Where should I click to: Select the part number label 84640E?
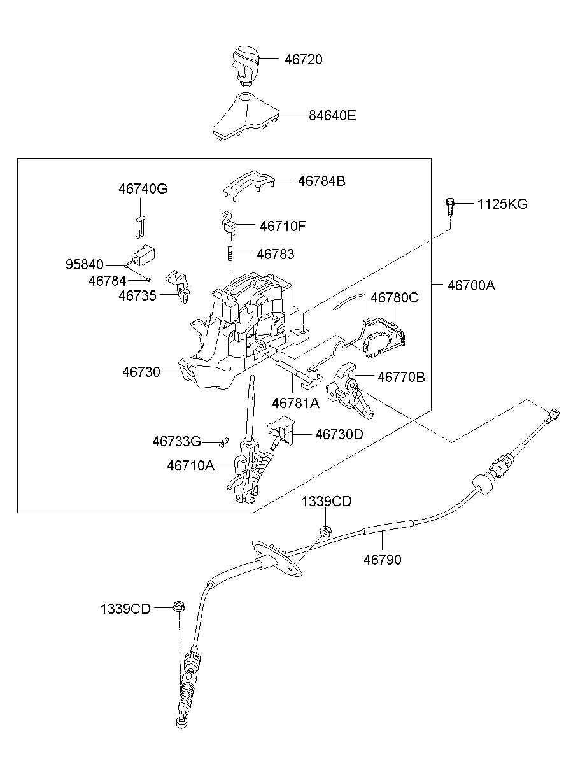pos(332,116)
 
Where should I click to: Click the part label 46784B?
pos(321,181)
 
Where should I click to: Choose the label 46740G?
pos(143,189)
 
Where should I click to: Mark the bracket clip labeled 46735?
pos(179,286)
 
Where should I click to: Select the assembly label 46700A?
pos(471,285)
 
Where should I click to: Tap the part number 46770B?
pos(401,377)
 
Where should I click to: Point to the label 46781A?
pos(295,403)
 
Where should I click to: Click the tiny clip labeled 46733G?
pos(224,440)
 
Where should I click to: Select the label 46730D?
pos(339,434)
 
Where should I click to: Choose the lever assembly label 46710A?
pos(191,465)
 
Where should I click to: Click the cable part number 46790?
pos(383,560)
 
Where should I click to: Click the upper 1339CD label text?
pos(326,502)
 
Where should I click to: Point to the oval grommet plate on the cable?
pos(277,558)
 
